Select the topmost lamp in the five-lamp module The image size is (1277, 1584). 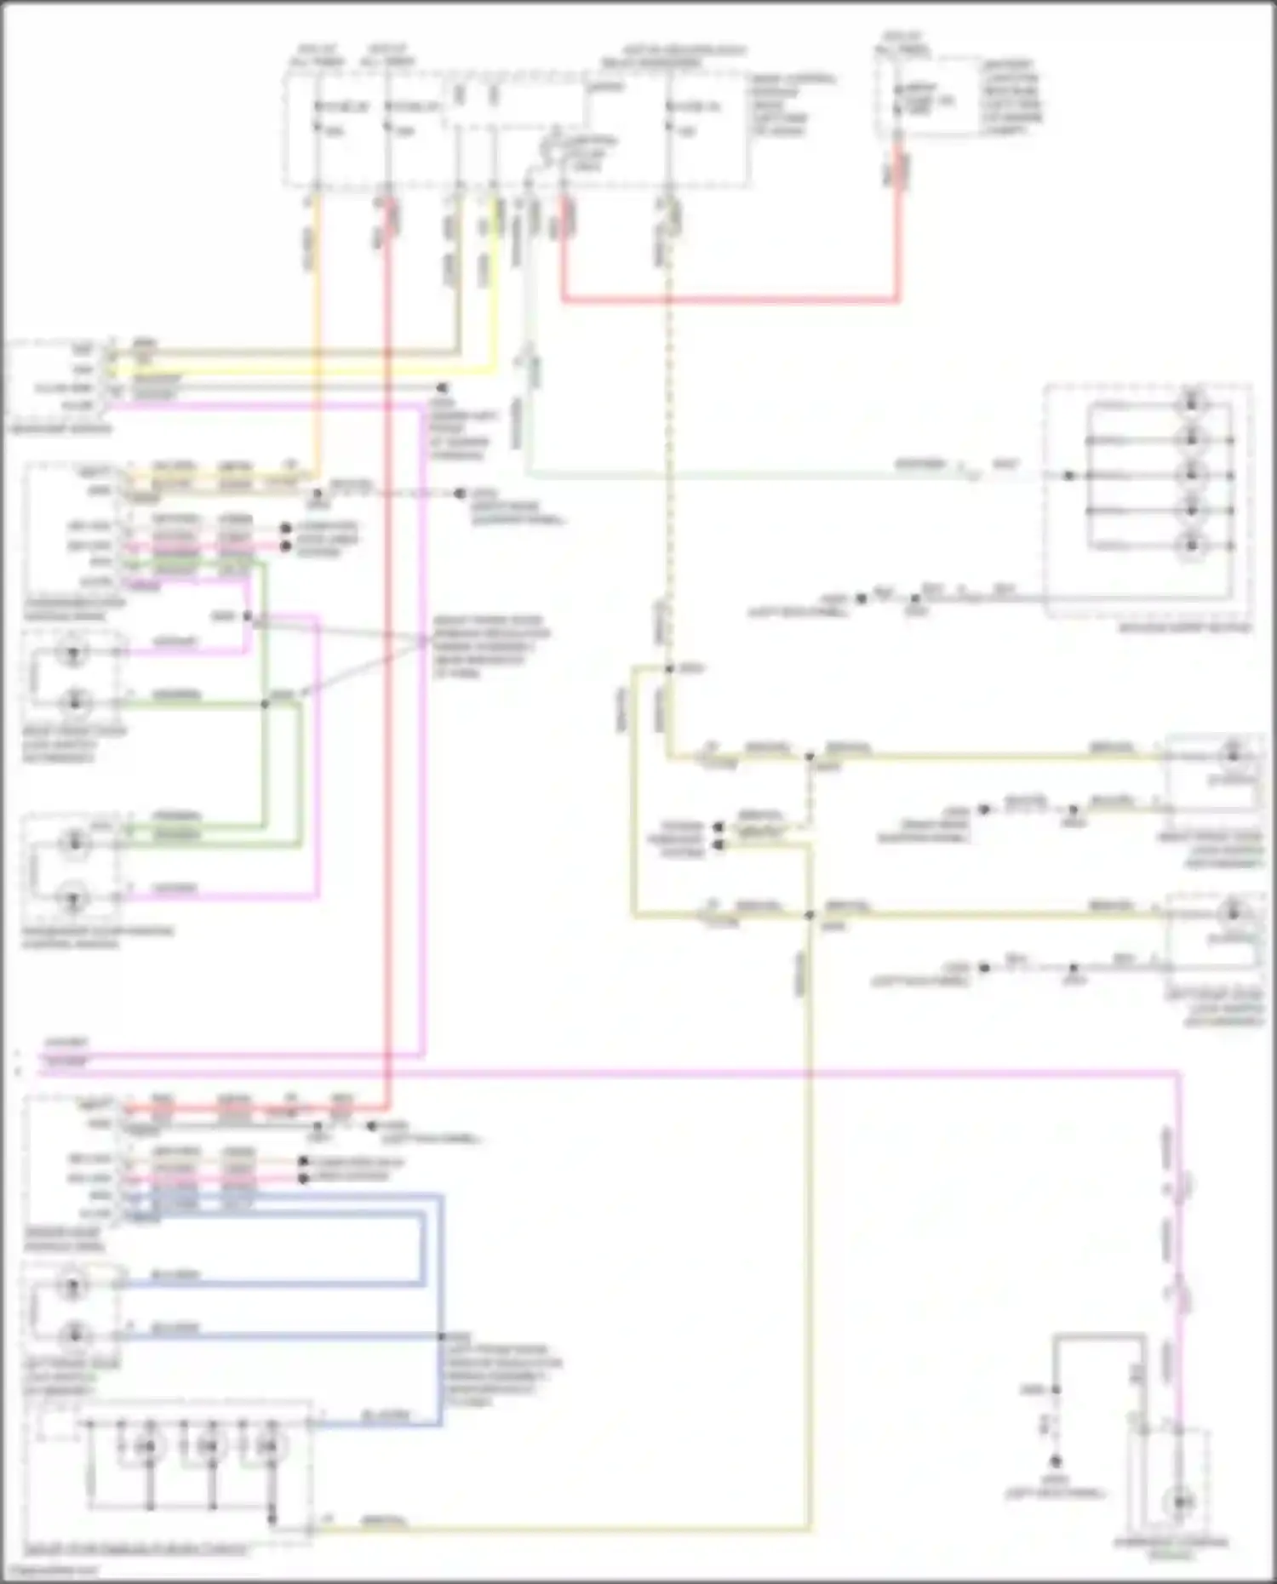point(1192,403)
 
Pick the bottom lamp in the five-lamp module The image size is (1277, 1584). point(1192,546)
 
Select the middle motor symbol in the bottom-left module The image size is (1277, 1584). point(209,1445)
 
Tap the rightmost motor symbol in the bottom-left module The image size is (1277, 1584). point(268,1445)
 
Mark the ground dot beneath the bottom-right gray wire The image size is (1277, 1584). point(1055,1461)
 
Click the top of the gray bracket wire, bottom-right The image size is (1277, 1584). point(1098,1339)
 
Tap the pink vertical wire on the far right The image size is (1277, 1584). point(1179,1234)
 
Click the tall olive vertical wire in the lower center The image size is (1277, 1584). point(808,1234)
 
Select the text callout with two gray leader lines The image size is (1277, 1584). point(490,647)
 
